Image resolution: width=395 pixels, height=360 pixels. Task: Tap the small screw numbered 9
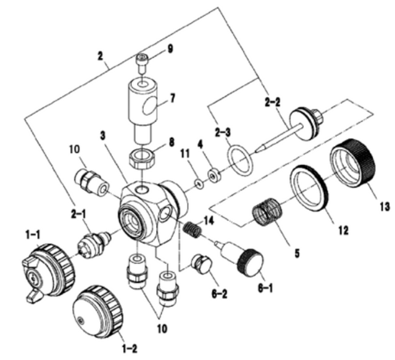[141, 61]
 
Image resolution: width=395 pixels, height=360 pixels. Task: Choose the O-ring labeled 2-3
[239, 158]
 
